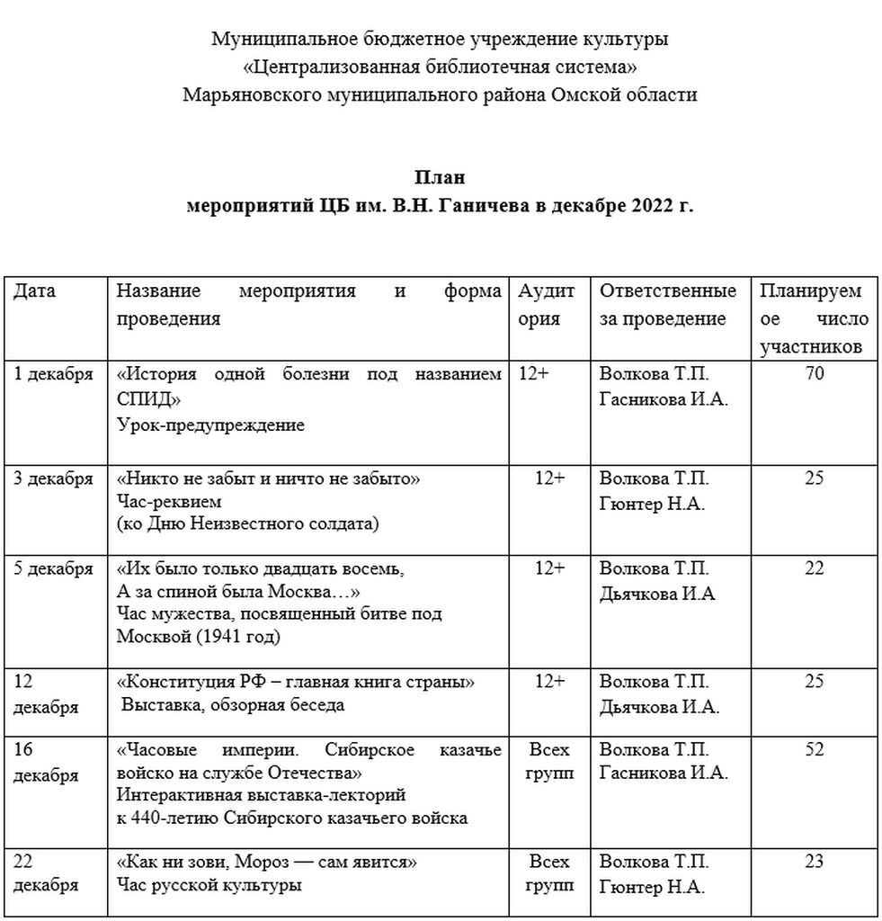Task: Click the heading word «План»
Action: pyautogui.click(x=441, y=177)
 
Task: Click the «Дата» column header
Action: pyautogui.click(x=35, y=291)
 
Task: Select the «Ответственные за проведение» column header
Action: pyautogui.click(x=667, y=305)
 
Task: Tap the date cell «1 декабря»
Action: pyautogui.click(x=54, y=375)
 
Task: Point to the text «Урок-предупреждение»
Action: pyautogui.click(x=210, y=425)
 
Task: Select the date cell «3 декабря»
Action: pyautogui.click(x=54, y=478)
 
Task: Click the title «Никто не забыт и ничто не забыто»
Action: pyautogui.click(x=270, y=478)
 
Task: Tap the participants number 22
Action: pyautogui.click(x=814, y=568)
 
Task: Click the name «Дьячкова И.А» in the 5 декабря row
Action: pyautogui.click(x=657, y=594)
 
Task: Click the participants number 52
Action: pyautogui.click(x=814, y=749)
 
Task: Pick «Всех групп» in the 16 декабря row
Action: pyautogui.click(x=549, y=761)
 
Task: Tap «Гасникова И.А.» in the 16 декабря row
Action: pyautogui.click(x=664, y=773)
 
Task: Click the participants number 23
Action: pyautogui.click(x=814, y=862)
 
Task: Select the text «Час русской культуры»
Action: pyautogui.click(x=209, y=885)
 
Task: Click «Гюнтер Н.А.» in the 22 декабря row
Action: pyautogui.click(x=653, y=887)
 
